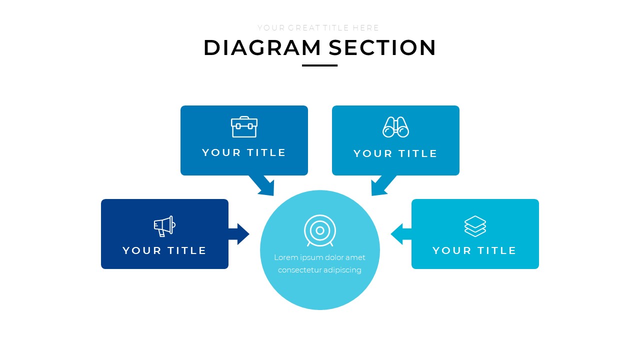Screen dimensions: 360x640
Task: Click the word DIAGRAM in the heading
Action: click(262, 48)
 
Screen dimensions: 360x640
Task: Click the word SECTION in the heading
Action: click(382, 48)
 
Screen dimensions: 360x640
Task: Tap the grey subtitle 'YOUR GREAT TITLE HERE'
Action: click(318, 28)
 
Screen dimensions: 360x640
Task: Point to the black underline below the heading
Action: click(319, 65)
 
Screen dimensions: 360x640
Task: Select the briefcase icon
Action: click(244, 127)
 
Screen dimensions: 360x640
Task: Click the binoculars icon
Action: click(395, 127)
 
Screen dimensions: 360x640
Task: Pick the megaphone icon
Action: click(164, 226)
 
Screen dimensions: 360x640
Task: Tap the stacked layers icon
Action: click(475, 226)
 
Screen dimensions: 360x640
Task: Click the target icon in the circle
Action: click(320, 230)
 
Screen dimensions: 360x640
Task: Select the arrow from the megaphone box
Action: click(239, 233)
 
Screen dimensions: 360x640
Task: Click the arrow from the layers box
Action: click(400, 233)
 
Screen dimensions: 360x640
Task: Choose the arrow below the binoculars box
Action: click(381, 186)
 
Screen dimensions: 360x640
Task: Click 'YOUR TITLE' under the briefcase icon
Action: click(244, 152)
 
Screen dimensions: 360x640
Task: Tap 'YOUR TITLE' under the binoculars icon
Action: click(395, 153)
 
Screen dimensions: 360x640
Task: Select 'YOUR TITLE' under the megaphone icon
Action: click(164, 250)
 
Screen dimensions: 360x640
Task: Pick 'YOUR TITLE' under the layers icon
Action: click(474, 250)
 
